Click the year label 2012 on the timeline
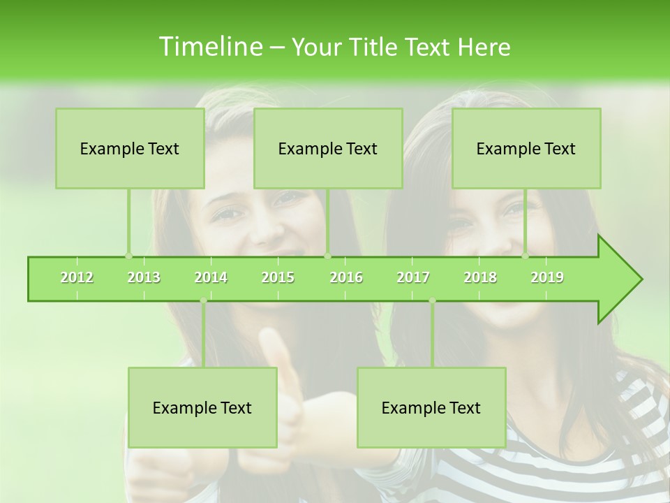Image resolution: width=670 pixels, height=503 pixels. point(77,277)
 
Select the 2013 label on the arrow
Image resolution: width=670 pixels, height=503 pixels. point(144,277)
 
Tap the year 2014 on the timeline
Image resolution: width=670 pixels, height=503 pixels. point(211,277)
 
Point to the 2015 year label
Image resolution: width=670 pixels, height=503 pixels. point(278,277)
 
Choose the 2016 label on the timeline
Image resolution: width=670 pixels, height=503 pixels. point(346,277)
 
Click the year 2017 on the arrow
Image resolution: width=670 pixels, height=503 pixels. point(413,277)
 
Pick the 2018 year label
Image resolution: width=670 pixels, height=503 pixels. point(480,277)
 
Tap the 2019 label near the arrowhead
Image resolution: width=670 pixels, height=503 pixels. point(547,277)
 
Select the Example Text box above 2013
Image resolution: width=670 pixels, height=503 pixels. point(130,148)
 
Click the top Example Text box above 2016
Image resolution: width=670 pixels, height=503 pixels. point(328,148)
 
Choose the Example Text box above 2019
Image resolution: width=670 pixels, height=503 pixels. point(526,148)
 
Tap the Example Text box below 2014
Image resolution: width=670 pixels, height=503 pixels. point(202,407)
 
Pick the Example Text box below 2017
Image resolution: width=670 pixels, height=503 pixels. point(431,407)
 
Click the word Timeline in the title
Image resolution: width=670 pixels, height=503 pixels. point(209,47)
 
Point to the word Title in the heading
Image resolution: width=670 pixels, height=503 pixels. point(377,48)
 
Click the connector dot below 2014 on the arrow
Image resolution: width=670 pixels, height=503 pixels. point(203,300)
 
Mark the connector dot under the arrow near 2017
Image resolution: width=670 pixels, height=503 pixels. point(432,300)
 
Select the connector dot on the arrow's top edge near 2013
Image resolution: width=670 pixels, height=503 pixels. point(128,256)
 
